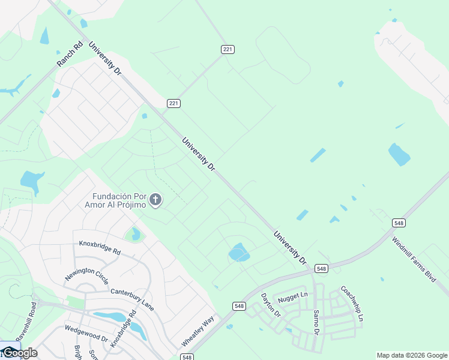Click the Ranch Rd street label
[x=69, y=54]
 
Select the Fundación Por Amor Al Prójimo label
[x=119, y=200]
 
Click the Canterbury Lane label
[x=132, y=299]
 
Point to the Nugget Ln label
[x=292, y=295]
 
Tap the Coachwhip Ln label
[x=352, y=304]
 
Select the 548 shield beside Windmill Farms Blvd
[x=399, y=223]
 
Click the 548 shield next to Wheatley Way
[x=239, y=306]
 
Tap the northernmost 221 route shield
[x=226, y=49]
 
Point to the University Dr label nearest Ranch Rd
[x=104, y=58]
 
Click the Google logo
[x=19, y=353]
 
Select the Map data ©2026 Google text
[x=412, y=355]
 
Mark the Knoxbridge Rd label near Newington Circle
[x=100, y=247]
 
